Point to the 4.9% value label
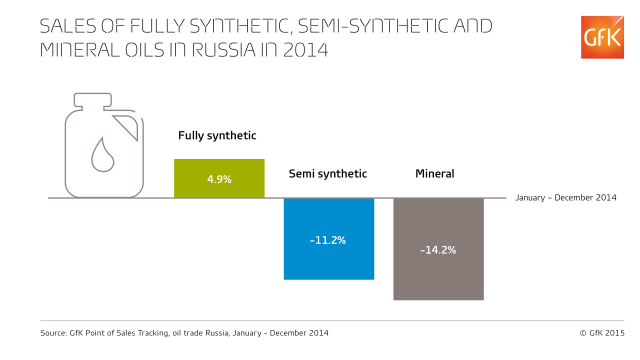(219, 179)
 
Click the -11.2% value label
(328, 240)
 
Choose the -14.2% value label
(438, 250)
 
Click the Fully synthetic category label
(217, 135)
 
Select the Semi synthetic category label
(327, 174)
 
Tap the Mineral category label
(434, 174)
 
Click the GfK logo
(602, 37)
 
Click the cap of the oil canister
(92, 99)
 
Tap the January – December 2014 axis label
(565, 197)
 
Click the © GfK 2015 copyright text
(602, 333)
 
